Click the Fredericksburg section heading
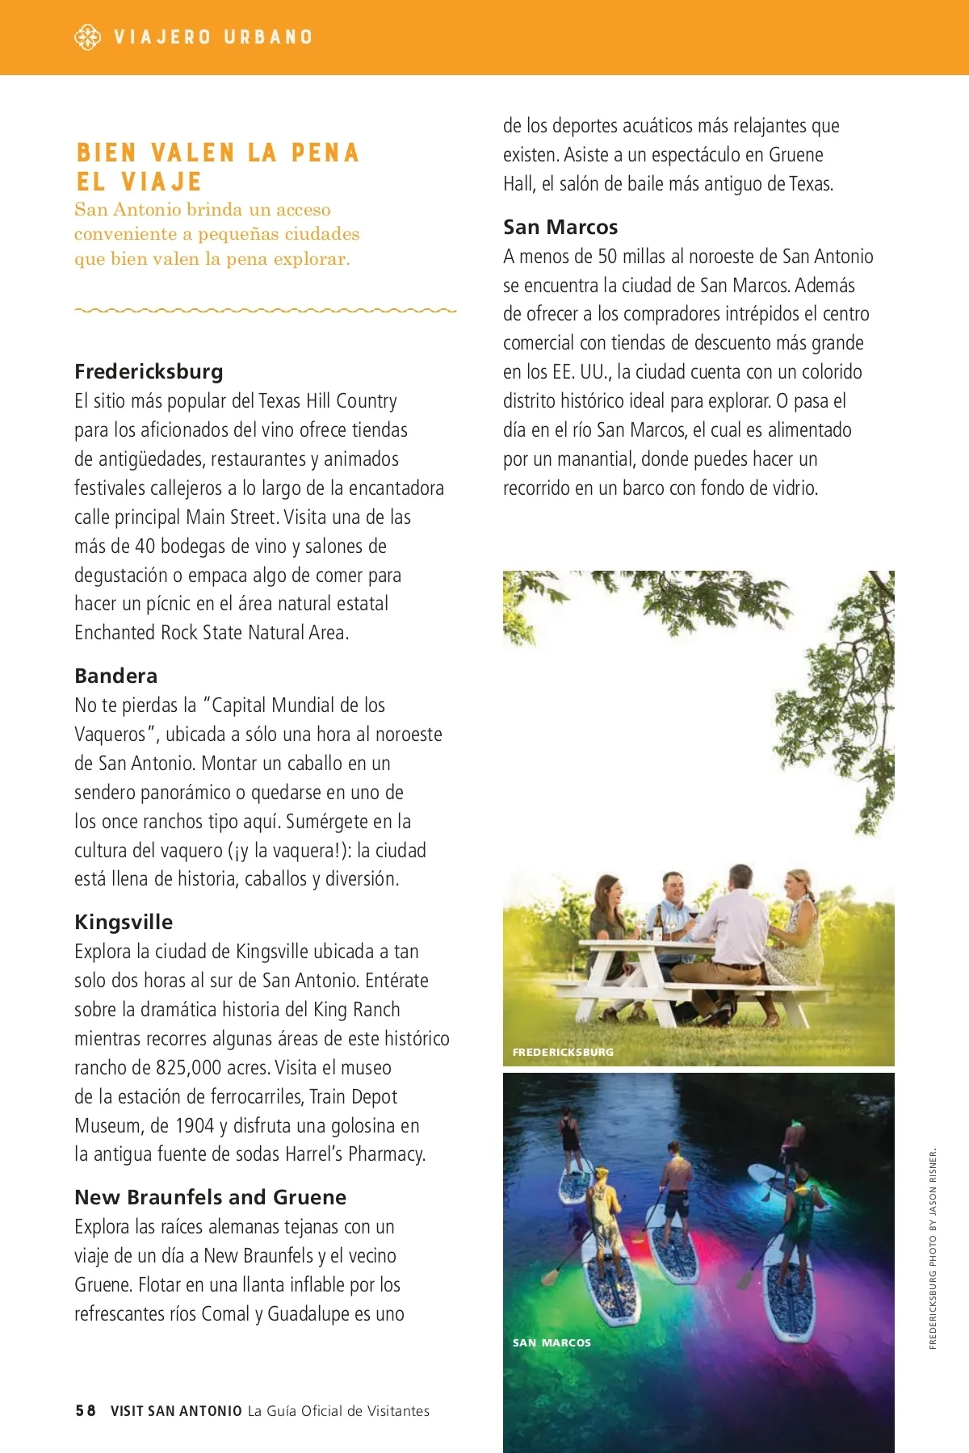[x=149, y=371]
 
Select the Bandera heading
[x=115, y=676]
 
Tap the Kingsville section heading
[x=124, y=922]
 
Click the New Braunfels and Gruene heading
[x=210, y=1197]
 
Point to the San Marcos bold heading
[x=560, y=227]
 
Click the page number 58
[x=86, y=1411]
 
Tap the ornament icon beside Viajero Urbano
[x=87, y=37]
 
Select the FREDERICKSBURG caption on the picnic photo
[x=563, y=1053]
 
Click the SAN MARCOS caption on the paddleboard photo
[x=552, y=1343]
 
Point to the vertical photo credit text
[x=933, y=1248]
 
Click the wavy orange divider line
[x=265, y=310]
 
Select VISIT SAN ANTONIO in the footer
[x=176, y=1411]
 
